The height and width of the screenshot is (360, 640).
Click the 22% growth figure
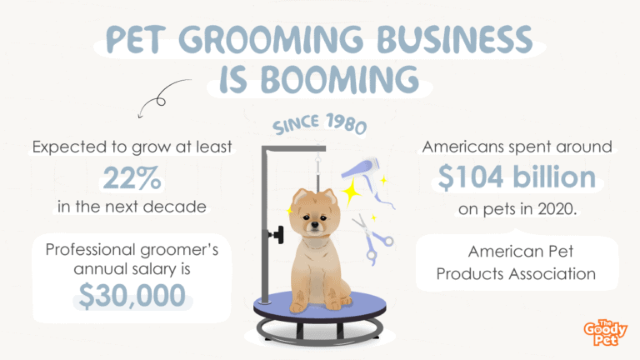(132, 177)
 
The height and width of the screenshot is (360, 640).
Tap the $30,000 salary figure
(132, 295)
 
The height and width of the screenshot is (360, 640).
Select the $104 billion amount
(517, 177)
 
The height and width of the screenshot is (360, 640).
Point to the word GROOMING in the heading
(271, 40)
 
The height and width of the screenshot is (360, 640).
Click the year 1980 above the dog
(346, 123)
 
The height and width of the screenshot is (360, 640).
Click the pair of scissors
(372, 238)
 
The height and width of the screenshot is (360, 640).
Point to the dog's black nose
(313, 224)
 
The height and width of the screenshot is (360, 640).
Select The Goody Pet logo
(605, 332)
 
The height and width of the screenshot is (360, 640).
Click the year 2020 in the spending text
(557, 209)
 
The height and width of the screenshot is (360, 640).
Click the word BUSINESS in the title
(455, 40)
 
